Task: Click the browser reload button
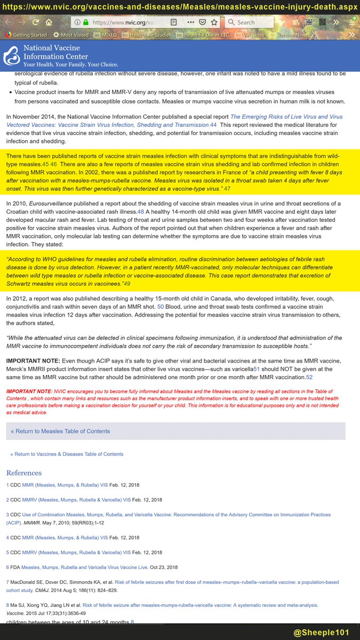(x=35, y=23)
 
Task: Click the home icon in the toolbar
(x=49, y=23)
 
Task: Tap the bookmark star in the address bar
(x=213, y=23)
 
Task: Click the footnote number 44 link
(x=213, y=125)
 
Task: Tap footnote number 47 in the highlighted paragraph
(x=227, y=189)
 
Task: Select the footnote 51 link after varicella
(x=257, y=369)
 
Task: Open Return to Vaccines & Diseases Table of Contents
(x=67, y=454)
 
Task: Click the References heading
(x=23, y=473)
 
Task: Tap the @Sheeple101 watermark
(x=322, y=632)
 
